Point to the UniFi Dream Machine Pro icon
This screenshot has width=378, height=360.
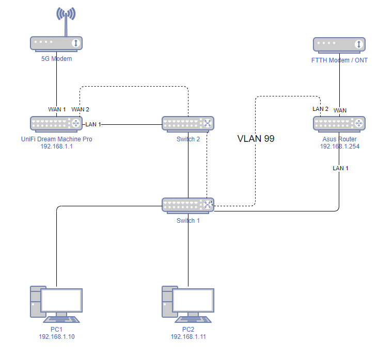pyautogui.click(x=56, y=123)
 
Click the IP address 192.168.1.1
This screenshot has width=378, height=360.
pyautogui.click(x=56, y=146)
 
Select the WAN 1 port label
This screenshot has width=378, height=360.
pyautogui.click(x=57, y=109)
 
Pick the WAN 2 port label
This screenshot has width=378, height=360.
pyautogui.click(x=81, y=109)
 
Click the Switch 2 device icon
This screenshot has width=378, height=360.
pyautogui.click(x=188, y=123)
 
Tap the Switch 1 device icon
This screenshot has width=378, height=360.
pyautogui.click(x=188, y=205)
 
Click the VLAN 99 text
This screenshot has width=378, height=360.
pyautogui.click(x=256, y=139)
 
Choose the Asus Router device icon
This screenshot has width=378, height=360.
pyautogui.click(x=339, y=123)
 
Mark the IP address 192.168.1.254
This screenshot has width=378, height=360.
pyautogui.click(x=339, y=146)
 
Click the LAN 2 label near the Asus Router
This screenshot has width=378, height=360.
pyautogui.click(x=320, y=109)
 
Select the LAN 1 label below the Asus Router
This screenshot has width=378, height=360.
pyautogui.click(x=341, y=168)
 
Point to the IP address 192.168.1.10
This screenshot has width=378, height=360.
pyautogui.click(x=57, y=337)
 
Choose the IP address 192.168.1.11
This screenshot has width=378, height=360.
pyautogui.click(x=188, y=337)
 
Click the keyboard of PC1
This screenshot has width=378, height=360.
pyautogui.click(x=60, y=319)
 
